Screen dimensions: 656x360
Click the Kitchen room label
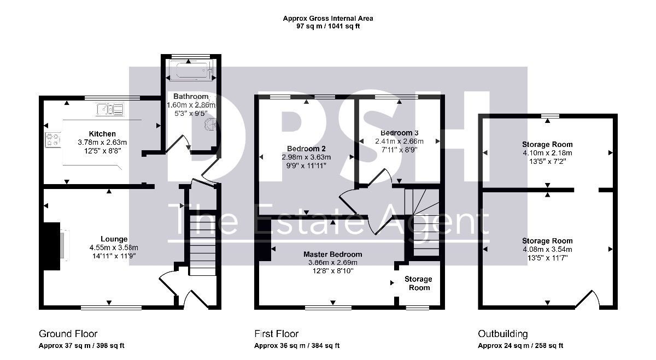tap(102, 134)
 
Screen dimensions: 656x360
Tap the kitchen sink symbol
tap(110, 109)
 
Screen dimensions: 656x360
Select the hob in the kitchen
tap(53, 140)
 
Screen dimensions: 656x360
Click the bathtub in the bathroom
tap(190, 70)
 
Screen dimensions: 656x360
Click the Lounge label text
tap(114, 239)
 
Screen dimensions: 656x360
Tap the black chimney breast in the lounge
tap(52, 246)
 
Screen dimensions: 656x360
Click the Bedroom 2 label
tap(306, 149)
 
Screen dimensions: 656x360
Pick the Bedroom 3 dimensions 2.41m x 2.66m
tap(399, 141)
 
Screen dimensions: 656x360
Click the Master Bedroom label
tap(333, 254)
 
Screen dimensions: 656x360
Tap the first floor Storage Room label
tap(419, 284)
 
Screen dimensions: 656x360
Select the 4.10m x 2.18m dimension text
tap(547, 153)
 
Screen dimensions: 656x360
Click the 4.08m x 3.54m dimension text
tap(547, 249)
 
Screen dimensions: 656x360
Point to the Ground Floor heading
tap(68, 334)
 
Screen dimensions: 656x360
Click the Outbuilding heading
tap(503, 334)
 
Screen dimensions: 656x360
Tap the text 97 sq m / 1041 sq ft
tap(328, 26)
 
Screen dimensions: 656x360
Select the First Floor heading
tap(277, 334)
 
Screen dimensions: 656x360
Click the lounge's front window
tap(112, 308)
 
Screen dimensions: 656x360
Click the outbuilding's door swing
tap(589, 298)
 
